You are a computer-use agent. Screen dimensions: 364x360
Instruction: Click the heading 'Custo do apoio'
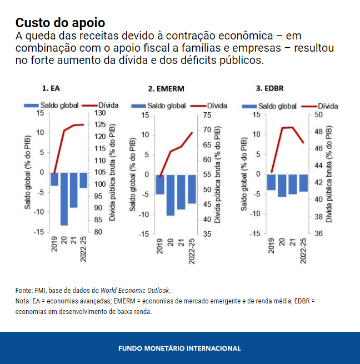(61, 23)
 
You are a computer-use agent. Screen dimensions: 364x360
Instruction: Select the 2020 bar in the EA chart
(64, 199)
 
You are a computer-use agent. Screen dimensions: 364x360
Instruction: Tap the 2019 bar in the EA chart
(54, 179)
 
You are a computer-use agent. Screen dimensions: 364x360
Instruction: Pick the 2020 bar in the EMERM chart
(170, 195)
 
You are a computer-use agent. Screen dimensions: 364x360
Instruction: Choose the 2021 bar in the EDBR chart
(292, 183)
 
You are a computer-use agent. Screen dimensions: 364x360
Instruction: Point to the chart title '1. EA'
(52, 88)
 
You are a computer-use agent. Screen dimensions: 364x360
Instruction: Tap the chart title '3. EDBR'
(270, 88)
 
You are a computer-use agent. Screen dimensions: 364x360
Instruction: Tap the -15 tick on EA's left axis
(39, 231)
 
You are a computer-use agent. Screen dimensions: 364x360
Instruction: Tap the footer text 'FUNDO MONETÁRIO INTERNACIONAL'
(179, 348)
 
